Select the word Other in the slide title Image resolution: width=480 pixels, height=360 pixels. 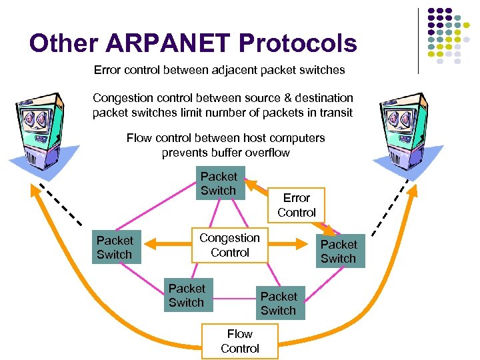pos(65,44)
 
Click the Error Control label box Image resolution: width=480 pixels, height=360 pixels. pos(297,205)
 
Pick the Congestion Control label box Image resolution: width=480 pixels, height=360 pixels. pos(229,245)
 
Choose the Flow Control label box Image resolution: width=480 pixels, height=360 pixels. pos(239,341)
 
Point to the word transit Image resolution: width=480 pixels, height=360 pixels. pos(335,112)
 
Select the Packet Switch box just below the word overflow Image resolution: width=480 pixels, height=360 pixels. pos(219,183)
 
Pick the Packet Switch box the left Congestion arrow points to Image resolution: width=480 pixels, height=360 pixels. pos(115,247)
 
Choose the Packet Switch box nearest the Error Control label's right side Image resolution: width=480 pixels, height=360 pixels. pos(339,251)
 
